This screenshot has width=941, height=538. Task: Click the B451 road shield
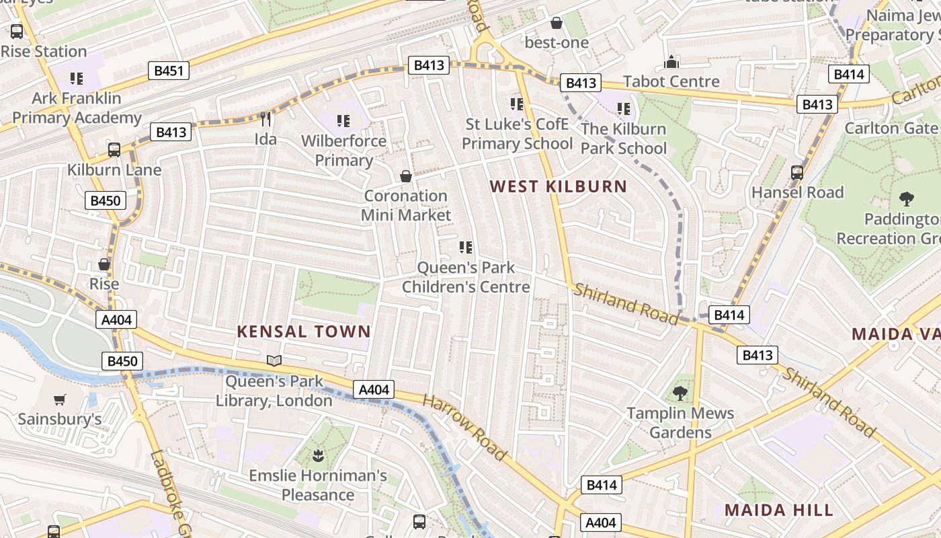[x=169, y=71]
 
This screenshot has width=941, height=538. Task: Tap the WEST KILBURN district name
[x=558, y=186]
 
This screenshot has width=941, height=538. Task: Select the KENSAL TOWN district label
[x=304, y=331]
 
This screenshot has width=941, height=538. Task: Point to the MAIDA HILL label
[x=779, y=509]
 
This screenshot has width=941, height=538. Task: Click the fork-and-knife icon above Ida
[x=265, y=119]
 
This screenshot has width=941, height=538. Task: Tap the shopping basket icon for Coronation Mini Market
[x=406, y=176]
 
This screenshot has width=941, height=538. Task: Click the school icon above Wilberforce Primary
[x=343, y=121]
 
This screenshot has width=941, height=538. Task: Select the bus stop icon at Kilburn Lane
[x=114, y=149]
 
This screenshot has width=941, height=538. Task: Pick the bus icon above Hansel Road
[x=797, y=172]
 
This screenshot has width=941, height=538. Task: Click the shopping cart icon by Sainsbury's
[x=60, y=399]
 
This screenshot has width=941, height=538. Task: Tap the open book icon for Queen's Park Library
[x=274, y=361]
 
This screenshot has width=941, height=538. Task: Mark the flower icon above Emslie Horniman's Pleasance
[x=317, y=456]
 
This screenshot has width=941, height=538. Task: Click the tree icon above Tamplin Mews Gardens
[x=680, y=393]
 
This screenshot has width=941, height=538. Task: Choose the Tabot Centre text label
[x=671, y=81]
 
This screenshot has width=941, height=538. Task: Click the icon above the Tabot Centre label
[x=671, y=63]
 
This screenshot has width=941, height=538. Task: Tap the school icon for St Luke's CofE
[x=517, y=104]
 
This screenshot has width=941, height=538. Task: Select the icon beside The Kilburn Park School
[x=624, y=108]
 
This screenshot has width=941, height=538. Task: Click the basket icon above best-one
[x=557, y=23]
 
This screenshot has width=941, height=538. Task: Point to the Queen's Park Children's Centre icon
[x=466, y=247]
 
